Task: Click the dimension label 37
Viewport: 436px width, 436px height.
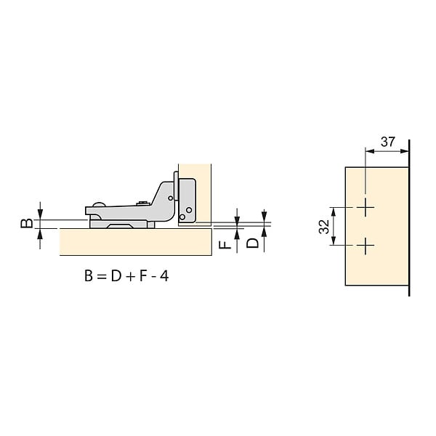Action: (387, 142)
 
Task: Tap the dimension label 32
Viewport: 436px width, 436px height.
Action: (324, 227)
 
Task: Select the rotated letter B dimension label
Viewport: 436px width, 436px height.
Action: (27, 224)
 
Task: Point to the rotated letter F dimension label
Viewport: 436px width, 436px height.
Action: (225, 245)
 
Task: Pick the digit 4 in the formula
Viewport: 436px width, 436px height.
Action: (164, 276)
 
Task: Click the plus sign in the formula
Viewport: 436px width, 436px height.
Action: (130, 277)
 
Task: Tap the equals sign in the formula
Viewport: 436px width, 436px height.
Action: (102, 277)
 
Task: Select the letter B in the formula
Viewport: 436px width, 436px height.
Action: (89, 276)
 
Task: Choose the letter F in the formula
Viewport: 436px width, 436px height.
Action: (142, 276)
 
